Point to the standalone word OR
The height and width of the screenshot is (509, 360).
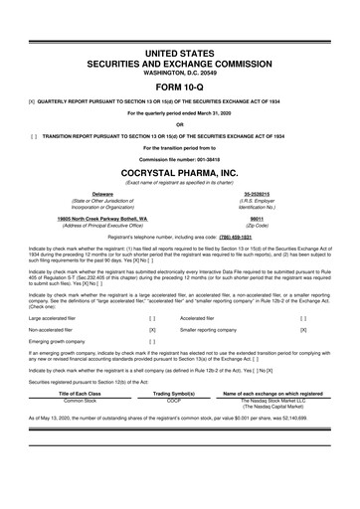tap(179, 124)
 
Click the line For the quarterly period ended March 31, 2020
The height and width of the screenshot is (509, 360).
tap(179, 112)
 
